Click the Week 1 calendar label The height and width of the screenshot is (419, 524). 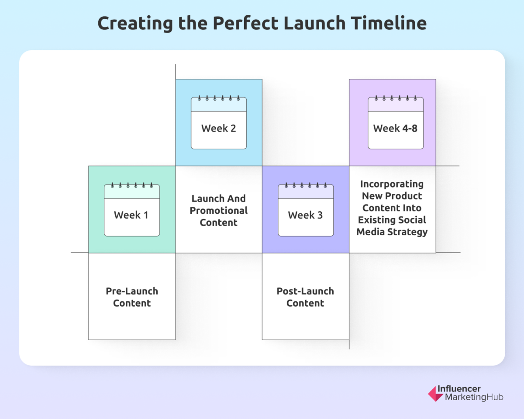tap(131, 215)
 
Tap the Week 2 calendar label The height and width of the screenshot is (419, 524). tap(218, 128)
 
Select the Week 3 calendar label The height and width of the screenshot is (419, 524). tap(305, 215)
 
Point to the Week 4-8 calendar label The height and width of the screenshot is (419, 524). tap(395, 128)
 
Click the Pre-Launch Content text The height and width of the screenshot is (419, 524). tap(132, 297)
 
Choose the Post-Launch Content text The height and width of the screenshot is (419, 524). tap(305, 297)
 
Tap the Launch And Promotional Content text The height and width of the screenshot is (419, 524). tap(218, 210)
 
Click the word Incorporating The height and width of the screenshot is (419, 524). tap(392, 184)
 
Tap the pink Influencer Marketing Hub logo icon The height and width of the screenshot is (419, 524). tap(435, 393)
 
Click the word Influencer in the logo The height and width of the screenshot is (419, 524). tap(462, 389)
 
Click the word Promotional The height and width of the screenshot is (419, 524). tap(218, 210)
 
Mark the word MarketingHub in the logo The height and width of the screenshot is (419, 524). tap(474, 397)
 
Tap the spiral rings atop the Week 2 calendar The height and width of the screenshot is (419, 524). tap(218, 98)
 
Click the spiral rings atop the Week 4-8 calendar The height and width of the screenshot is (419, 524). tap(395, 98)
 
